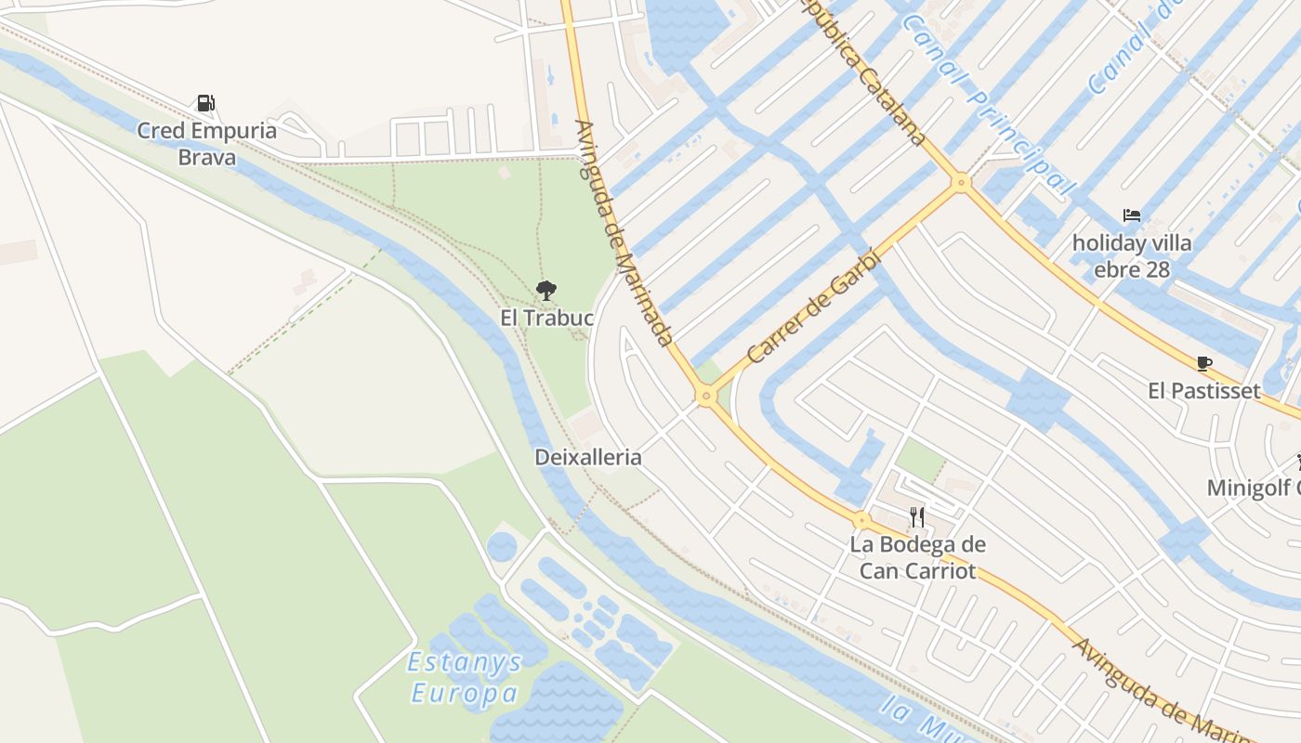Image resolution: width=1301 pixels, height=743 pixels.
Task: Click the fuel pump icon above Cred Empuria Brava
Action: (x=206, y=103)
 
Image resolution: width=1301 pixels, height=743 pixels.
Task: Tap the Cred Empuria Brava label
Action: (x=207, y=143)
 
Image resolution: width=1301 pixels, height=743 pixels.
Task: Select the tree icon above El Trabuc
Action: (x=546, y=291)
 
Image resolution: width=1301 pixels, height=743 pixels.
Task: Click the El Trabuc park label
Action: (x=546, y=318)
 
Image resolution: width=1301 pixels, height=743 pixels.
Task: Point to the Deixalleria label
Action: (x=587, y=457)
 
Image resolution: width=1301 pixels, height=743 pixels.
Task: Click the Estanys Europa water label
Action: (x=465, y=678)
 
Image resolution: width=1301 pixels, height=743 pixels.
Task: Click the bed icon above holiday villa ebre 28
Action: (x=1131, y=216)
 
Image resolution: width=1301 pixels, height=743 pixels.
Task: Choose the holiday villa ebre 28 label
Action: (x=1131, y=256)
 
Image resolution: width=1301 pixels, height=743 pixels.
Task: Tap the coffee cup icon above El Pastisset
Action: (x=1204, y=364)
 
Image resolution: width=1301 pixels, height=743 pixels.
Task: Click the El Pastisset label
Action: (x=1203, y=390)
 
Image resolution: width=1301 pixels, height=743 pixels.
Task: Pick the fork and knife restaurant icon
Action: (x=917, y=517)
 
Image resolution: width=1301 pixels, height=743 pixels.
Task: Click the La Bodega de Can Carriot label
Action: (x=917, y=556)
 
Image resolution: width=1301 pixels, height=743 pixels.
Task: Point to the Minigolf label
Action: (x=1254, y=487)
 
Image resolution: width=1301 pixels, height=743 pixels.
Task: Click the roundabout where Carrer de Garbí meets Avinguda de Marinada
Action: (x=706, y=397)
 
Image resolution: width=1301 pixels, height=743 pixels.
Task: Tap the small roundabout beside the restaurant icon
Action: (x=861, y=520)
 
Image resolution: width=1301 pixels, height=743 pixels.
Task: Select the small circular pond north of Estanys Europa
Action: (x=502, y=546)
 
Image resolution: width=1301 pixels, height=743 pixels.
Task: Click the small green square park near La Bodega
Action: (x=920, y=460)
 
